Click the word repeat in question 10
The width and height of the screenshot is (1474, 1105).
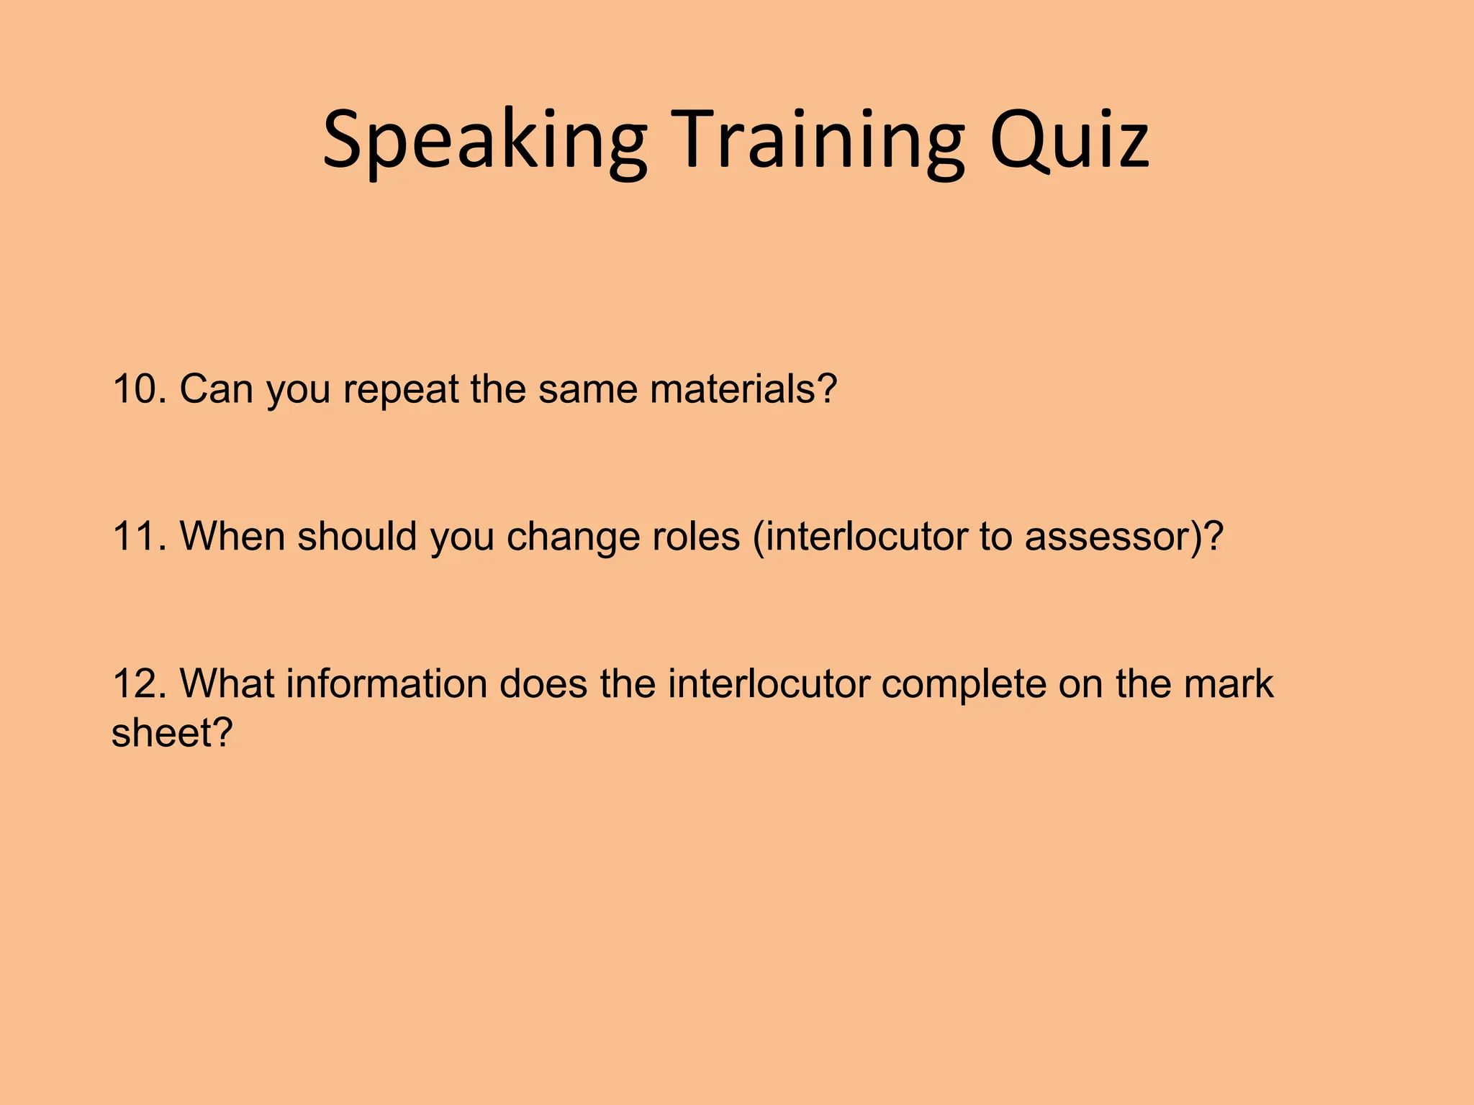pyautogui.click(x=400, y=389)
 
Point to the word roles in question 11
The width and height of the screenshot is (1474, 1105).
pyautogui.click(x=695, y=537)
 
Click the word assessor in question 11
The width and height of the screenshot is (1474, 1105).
pyautogui.click(x=1113, y=537)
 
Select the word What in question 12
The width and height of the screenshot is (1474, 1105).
pyautogui.click(x=226, y=683)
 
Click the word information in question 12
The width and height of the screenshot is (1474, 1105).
pyautogui.click(x=386, y=683)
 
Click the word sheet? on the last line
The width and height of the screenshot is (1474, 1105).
pyautogui.click(x=172, y=733)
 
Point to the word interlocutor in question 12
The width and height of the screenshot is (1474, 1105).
pyautogui.click(x=768, y=683)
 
